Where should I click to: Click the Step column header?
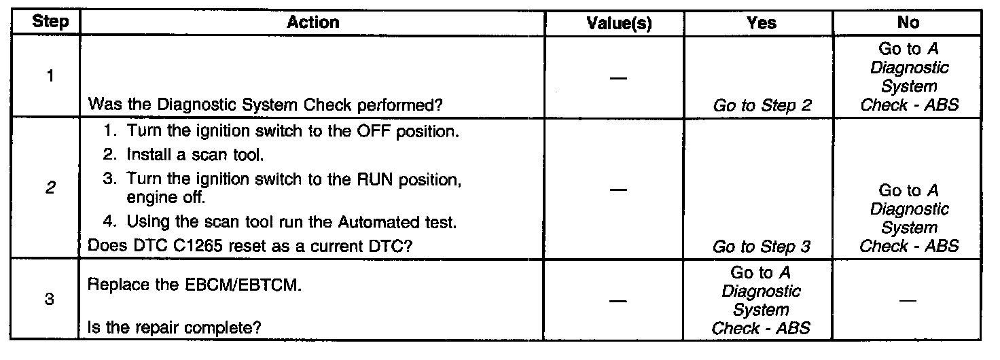point(50,22)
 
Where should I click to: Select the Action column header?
point(312,22)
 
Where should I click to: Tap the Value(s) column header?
point(618,23)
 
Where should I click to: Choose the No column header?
point(908,22)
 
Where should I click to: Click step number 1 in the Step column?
point(50,76)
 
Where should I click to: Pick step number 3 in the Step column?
point(50,300)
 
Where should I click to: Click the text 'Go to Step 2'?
point(762,105)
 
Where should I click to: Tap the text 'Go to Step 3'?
point(762,248)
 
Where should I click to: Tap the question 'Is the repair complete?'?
point(175,329)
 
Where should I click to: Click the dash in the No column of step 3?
point(908,300)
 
